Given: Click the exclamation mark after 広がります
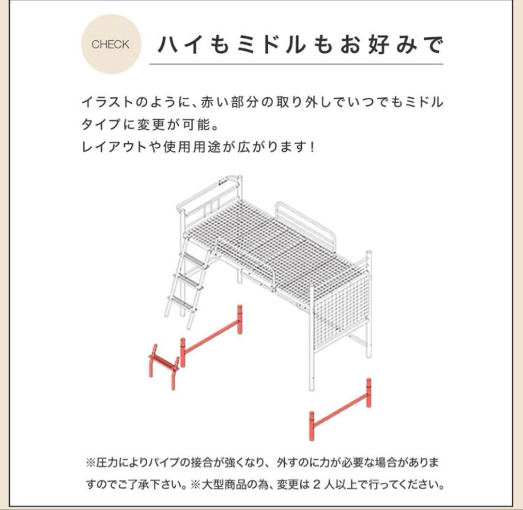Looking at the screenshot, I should (310, 146).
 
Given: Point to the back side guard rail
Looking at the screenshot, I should (305, 223).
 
